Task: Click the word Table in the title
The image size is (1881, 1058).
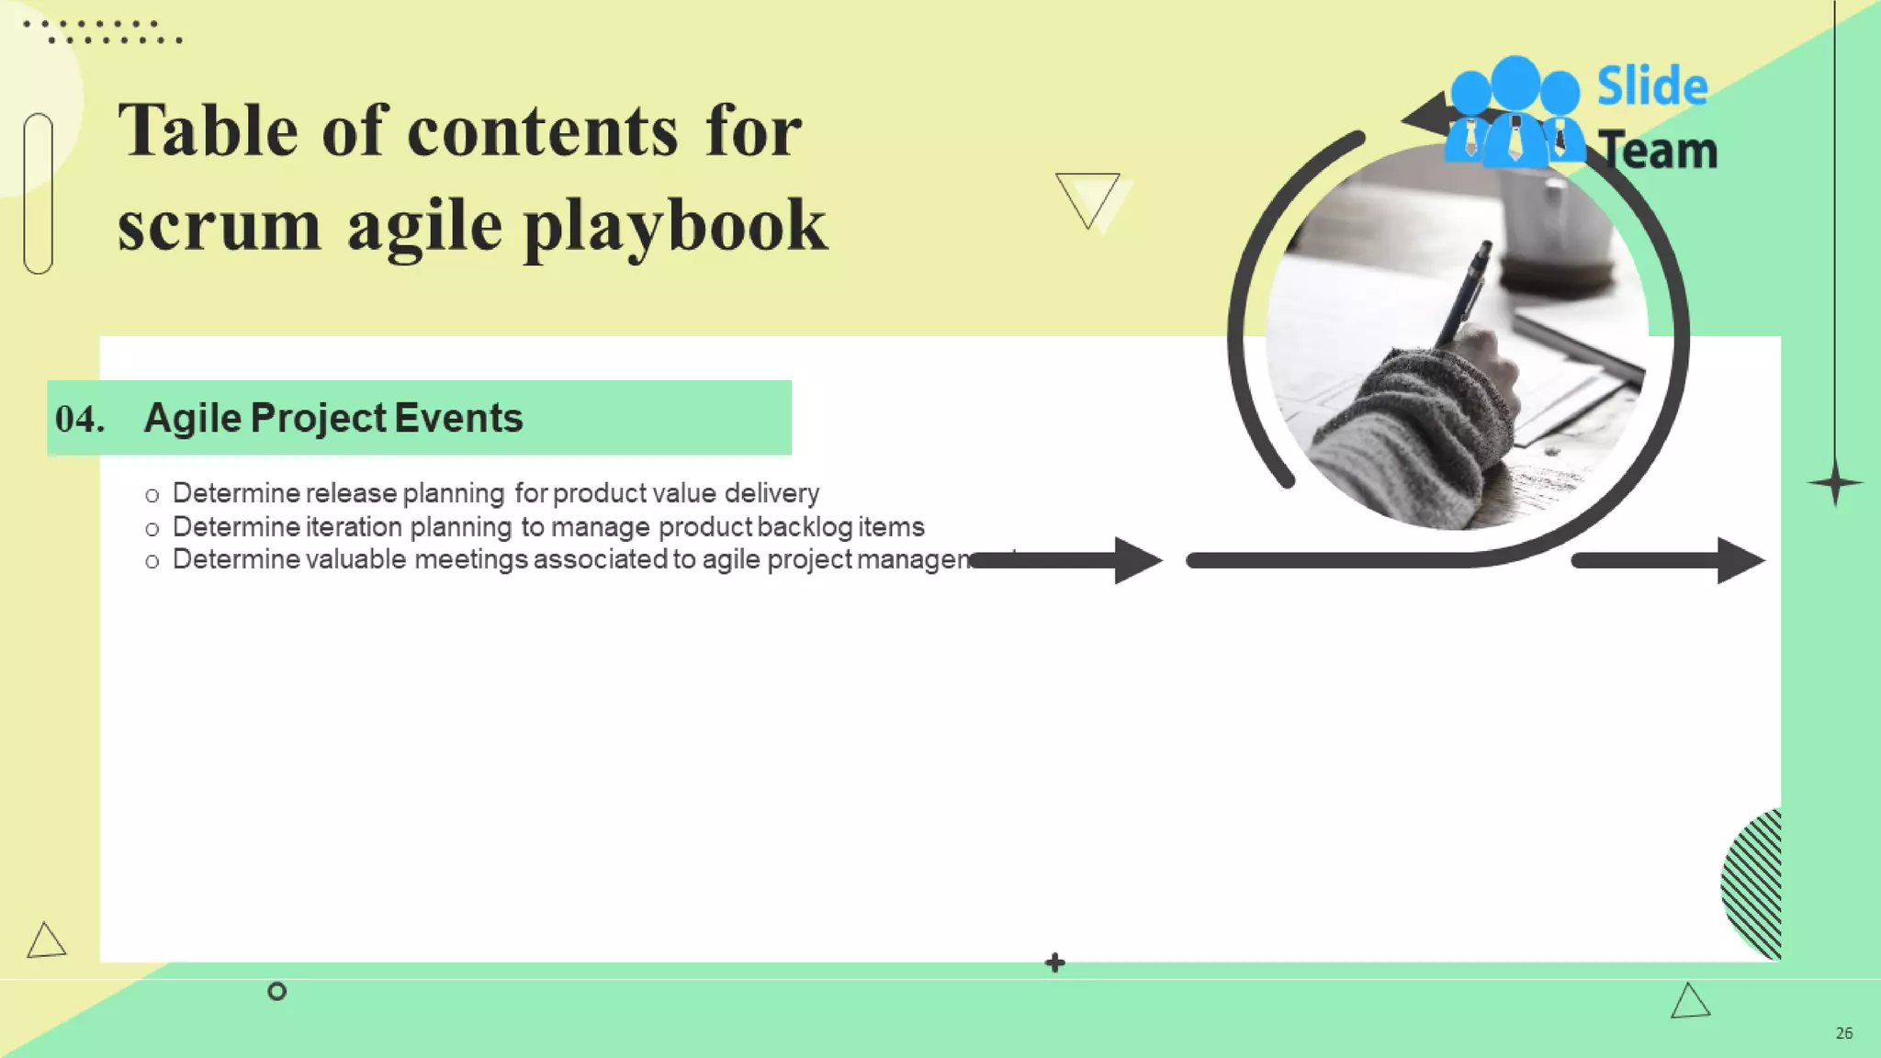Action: pyautogui.click(x=208, y=131)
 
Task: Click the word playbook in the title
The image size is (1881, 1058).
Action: pyautogui.click(x=675, y=227)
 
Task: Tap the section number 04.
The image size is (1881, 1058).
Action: pyautogui.click(x=79, y=419)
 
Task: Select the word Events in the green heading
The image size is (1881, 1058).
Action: pyautogui.click(x=458, y=418)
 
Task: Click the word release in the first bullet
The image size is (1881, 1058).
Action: pyautogui.click(x=352, y=493)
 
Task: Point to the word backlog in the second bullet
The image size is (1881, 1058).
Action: pyautogui.click(x=805, y=527)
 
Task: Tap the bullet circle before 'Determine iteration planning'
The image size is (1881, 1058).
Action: pyautogui.click(x=152, y=529)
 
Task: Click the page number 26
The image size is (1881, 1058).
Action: pyautogui.click(x=1843, y=1033)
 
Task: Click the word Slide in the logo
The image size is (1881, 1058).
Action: pyautogui.click(x=1651, y=86)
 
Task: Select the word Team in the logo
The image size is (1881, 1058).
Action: pyautogui.click(x=1659, y=151)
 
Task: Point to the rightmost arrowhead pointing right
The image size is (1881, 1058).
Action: pyautogui.click(x=1738, y=560)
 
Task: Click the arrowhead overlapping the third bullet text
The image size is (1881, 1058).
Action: pyautogui.click(x=1137, y=560)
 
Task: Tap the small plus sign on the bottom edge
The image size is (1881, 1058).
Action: pyautogui.click(x=1055, y=962)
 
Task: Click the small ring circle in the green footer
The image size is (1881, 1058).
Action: pyautogui.click(x=276, y=991)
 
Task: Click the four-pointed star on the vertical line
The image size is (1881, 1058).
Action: pyautogui.click(x=1835, y=483)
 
